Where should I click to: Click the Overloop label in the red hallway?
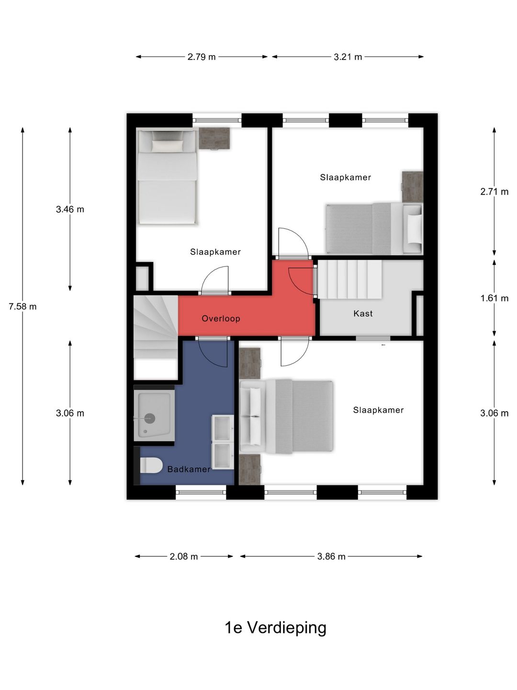(221, 319)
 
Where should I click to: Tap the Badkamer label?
(189, 469)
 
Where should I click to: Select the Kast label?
(363, 313)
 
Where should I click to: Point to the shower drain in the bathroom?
(150, 418)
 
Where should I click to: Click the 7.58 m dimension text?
(22, 307)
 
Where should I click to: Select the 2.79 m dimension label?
(202, 57)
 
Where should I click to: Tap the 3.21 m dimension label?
(348, 57)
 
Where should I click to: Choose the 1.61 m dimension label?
(495, 298)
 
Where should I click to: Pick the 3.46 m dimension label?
(70, 209)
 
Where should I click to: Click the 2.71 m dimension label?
(495, 192)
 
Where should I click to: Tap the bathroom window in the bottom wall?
(201, 492)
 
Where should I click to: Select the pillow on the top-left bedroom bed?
(168, 145)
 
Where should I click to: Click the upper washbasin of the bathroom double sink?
(223, 428)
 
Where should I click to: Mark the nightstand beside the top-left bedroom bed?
(214, 138)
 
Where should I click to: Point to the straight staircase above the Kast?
(350, 279)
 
